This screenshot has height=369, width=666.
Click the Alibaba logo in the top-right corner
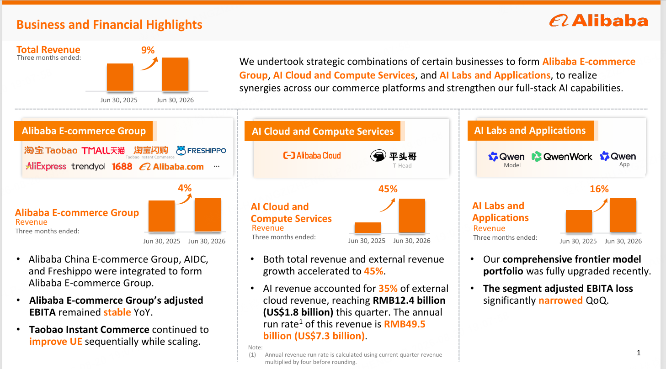tap(598, 21)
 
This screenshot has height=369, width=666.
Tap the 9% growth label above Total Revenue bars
tap(148, 50)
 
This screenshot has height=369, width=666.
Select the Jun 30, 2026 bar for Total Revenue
tap(175, 74)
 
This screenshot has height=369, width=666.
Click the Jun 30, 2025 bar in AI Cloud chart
tap(368, 227)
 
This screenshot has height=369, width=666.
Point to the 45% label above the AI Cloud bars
tap(388, 189)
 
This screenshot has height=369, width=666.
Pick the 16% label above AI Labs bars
tap(599, 189)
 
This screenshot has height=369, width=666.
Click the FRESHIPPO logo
tap(201, 151)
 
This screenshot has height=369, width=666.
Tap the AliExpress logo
tap(46, 166)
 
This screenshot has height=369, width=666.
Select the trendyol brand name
tap(88, 166)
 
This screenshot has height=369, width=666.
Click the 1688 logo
tap(122, 166)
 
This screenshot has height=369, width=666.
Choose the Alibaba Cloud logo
tap(312, 155)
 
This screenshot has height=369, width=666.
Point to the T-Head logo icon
tap(378, 155)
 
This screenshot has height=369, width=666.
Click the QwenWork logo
tap(562, 157)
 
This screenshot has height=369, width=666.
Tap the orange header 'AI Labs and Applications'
tap(530, 131)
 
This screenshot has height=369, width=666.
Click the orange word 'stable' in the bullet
tap(117, 312)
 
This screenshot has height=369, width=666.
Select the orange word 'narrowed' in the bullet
tap(560, 300)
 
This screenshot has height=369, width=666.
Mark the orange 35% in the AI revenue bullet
tap(388, 289)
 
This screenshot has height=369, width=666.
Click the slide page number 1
tap(639, 353)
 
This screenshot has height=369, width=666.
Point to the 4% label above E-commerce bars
tap(185, 188)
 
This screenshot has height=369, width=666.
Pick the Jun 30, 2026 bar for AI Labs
tap(623, 215)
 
